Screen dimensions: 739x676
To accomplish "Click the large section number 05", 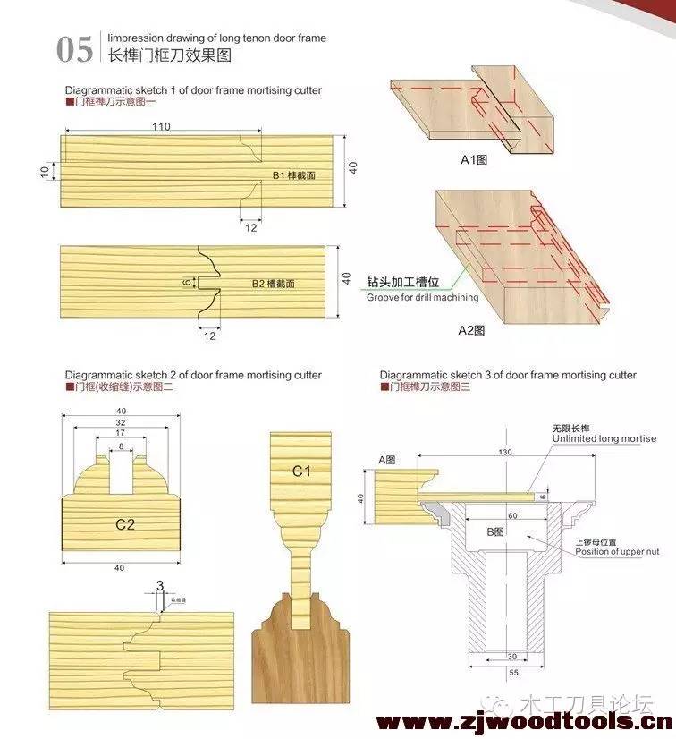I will (74, 49).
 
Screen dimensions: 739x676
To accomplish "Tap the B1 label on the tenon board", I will (294, 175).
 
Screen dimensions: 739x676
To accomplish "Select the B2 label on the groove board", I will (274, 283).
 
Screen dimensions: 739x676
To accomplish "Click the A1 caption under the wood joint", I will (473, 161).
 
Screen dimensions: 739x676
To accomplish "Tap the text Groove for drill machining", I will (422, 297).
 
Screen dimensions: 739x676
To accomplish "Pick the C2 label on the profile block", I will (125, 524).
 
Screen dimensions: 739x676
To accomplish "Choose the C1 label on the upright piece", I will (301, 470).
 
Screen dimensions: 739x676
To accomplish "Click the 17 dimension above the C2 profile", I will (121, 432).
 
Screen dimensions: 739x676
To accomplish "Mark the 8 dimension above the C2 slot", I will (121, 446).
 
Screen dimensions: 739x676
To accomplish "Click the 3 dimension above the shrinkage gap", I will (159, 585).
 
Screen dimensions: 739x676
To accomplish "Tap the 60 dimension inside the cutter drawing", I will (511, 516).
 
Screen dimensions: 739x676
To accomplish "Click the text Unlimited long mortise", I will (604, 439).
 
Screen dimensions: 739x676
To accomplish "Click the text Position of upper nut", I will (616, 551).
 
